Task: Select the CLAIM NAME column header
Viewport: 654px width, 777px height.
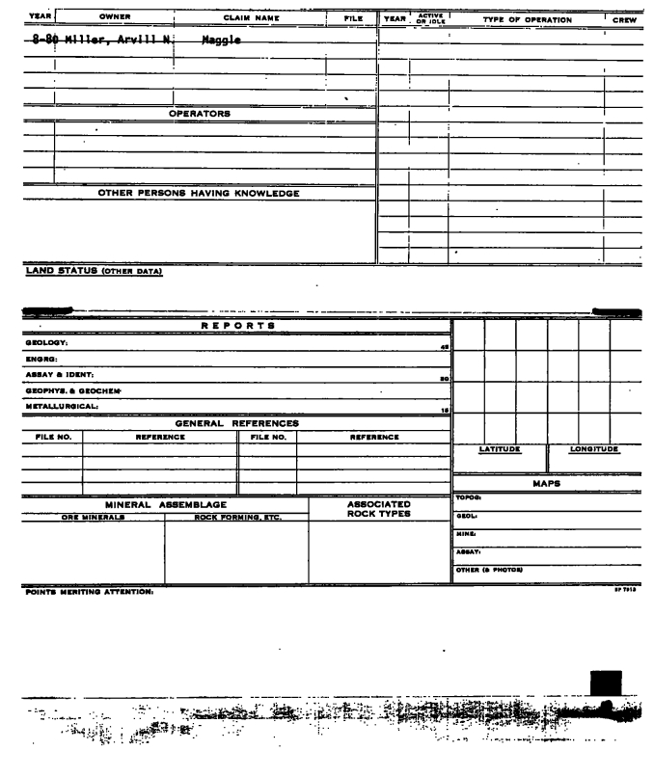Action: pyautogui.click(x=251, y=16)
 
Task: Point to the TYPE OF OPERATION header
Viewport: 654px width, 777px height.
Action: pyautogui.click(x=527, y=19)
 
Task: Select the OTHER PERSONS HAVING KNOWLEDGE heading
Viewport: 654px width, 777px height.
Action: pyautogui.click(x=199, y=193)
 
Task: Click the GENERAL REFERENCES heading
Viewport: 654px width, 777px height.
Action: pyautogui.click(x=236, y=422)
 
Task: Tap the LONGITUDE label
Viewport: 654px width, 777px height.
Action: pyautogui.click(x=593, y=449)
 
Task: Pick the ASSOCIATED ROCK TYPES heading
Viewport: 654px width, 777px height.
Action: pyautogui.click(x=379, y=508)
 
